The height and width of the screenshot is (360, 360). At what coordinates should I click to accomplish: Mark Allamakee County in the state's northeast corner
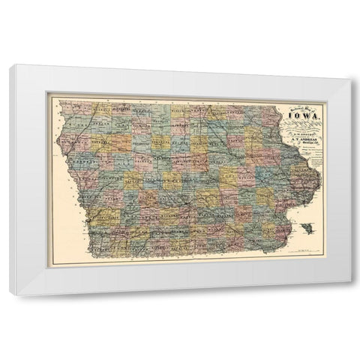point(267,114)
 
